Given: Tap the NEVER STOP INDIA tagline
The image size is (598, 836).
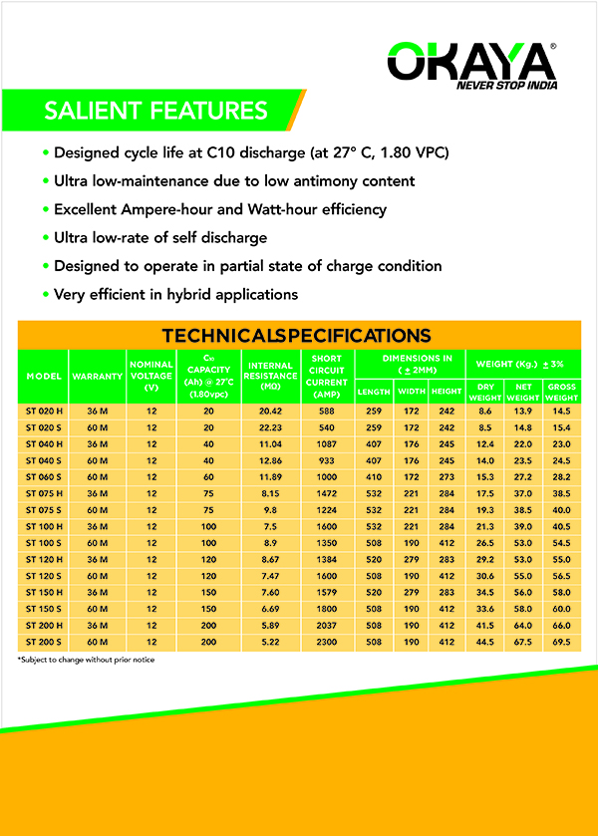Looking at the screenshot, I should click(505, 86).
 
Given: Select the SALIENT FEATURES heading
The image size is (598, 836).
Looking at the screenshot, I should click(155, 111).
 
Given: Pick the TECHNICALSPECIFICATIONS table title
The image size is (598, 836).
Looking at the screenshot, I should click(297, 336).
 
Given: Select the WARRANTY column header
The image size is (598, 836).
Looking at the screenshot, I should click(97, 377).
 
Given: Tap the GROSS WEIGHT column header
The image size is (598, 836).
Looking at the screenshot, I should click(560, 393).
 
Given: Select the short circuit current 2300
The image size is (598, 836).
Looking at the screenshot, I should click(327, 641).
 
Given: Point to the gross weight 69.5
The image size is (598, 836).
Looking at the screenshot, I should click(560, 641).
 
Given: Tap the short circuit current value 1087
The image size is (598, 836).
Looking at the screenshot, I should click(327, 442).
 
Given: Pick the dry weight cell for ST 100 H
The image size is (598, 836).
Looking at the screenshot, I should click(485, 525).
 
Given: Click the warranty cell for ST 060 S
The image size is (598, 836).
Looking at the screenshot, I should click(97, 475).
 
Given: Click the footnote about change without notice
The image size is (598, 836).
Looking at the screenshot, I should click(86, 660).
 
